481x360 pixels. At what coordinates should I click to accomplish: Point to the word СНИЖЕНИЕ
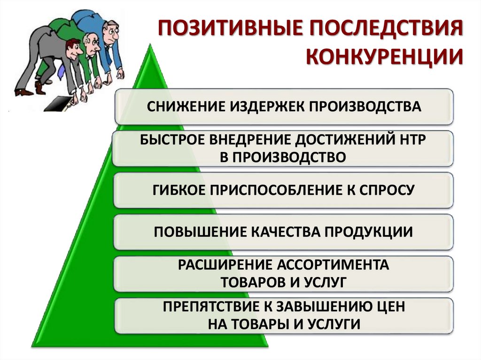pos(185,107)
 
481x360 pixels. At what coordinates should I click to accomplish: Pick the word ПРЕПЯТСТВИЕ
pos(213,306)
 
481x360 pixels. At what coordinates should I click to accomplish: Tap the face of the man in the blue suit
pos(111,34)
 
